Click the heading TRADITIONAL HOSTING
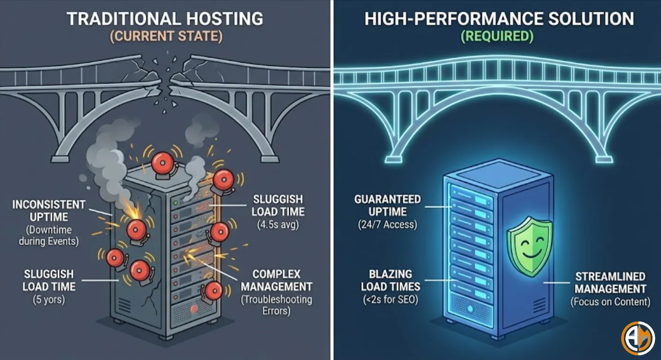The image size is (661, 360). click(165, 19)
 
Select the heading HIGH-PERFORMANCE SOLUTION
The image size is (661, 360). click(498, 19)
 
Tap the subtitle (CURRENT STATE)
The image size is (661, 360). click(166, 37)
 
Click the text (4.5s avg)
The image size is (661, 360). click(278, 225)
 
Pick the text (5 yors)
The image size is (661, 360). click(49, 300)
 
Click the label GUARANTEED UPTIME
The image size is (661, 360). click(387, 205)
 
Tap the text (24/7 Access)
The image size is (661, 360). click(387, 224)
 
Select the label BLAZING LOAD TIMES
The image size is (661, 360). click(390, 280)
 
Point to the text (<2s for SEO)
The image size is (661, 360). click(390, 299)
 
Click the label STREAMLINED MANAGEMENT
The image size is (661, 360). click(610, 283)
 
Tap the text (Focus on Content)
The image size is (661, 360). click(610, 302)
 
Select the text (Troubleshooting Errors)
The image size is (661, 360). click(276, 305)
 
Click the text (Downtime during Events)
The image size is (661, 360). click(49, 235)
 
